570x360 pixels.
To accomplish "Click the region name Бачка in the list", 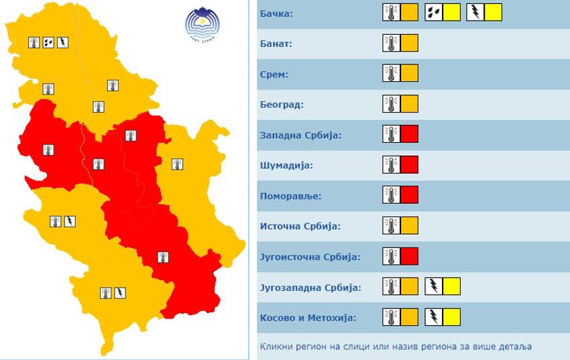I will pyautogui.click(x=276, y=13).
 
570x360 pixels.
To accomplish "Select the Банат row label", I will pyautogui.click(x=276, y=44).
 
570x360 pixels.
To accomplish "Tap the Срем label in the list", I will pyautogui.click(x=274, y=74).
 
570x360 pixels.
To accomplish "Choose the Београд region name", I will pyautogui.click(x=282, y=105).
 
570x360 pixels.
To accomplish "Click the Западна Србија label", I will pyautogui.click(x=300, y=135).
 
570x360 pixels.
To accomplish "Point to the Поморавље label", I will pyautogui.click(x=290, y=196).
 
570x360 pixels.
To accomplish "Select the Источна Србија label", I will pyautogui.click(x=300, y=227).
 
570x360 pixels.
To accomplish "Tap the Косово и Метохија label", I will pyautogui.click(x=308, y=318).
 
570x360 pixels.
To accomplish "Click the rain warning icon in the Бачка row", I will pyautogui.click(x=434, y=13).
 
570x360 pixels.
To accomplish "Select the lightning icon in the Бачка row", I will pyautogui.click(x=475, y=13).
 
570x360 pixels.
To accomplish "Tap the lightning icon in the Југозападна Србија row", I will pyautogui.click(x=434, y=287).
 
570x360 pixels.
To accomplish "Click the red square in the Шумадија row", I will pyautogui.click(x=409, y=165).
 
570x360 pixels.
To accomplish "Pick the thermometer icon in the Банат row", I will pyautogui.click(x=392, y=44).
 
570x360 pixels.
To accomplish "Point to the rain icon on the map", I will pyautogui.click(x=48, y=42).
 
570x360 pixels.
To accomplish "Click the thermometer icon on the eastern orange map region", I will pyautogui.click(x=177, y=164).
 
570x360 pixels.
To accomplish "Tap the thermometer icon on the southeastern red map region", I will pyautogui.click(x=162, y=257).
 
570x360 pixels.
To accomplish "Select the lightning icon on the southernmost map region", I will pyautogui.click(x=119, y=292).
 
